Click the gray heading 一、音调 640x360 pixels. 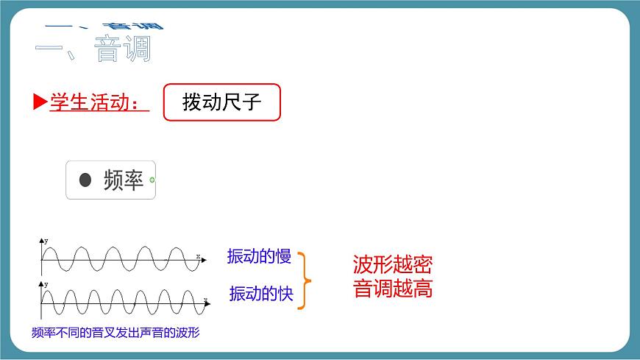[93, 49]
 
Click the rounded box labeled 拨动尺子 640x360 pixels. [221, 102]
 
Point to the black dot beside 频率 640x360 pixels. [85, 180]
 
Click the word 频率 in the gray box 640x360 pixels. [123, 180]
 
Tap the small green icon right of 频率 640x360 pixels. [152, 180]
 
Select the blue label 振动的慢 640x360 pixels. [259, 256]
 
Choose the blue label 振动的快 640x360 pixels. [260, 294]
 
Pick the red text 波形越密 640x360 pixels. [392, 264]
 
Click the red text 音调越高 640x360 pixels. [392, 289]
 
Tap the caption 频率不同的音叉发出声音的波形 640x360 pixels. [116, 333]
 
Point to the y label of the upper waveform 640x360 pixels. [46, 241]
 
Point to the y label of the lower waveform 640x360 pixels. [46, 283]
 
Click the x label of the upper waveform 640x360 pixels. [198, 255]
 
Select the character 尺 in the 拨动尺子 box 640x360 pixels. [232, 102]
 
